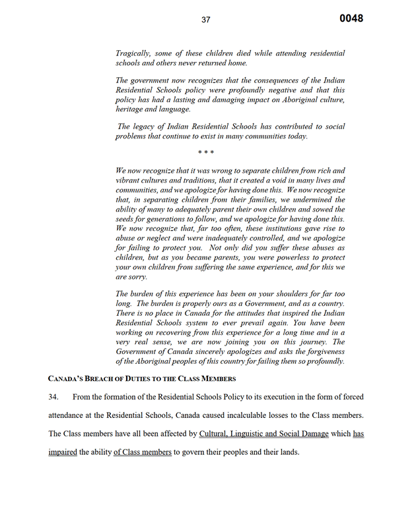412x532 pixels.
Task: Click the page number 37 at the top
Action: pos(206,20)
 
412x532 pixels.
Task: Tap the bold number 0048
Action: pos(351,18)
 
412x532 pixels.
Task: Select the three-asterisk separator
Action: pos(205,154)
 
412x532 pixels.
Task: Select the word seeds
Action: pos(126,218)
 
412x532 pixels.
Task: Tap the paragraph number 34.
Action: pos(55,398)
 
